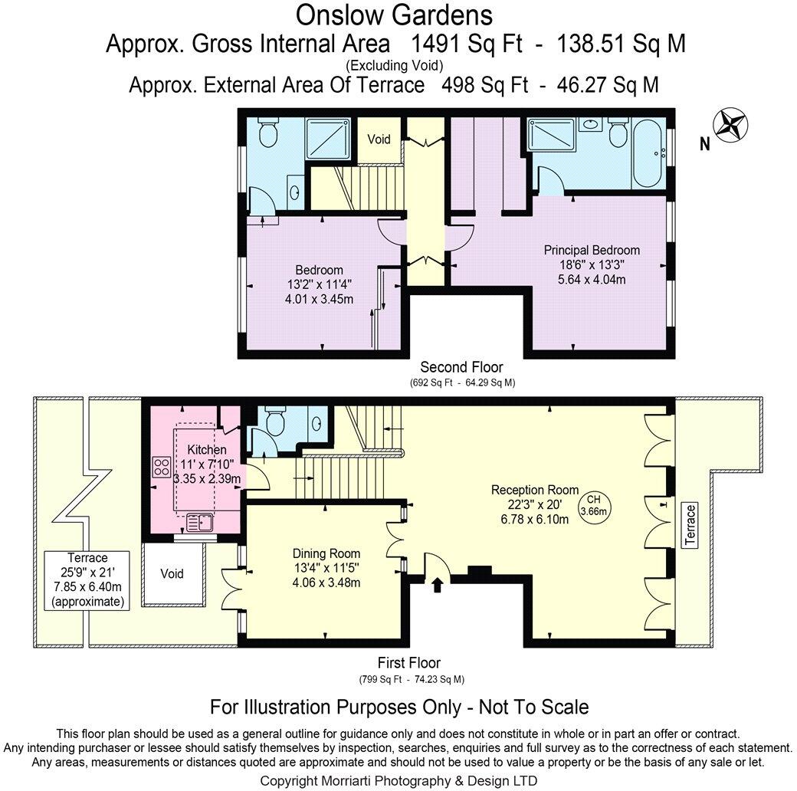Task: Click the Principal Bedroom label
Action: [592, 264]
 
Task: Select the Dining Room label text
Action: [326, 567]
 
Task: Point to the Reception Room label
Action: [535, 504]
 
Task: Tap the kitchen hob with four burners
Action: [162, 467]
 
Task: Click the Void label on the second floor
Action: [379, 139]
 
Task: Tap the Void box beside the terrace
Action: [173, 573]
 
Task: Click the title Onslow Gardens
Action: [394, 15]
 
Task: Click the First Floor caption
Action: [409, 663]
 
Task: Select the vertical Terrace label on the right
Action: [691, 525]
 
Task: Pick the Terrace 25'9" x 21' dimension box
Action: [87, 580]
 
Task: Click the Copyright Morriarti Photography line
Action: [398, 780]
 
